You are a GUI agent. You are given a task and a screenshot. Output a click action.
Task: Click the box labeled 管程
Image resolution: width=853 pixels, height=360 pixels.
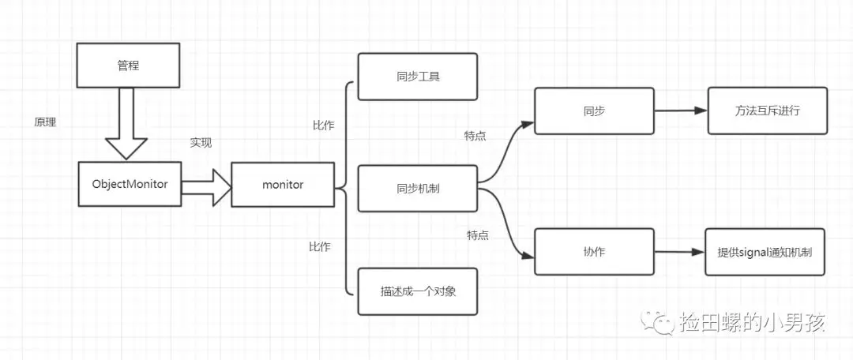coord(127,65)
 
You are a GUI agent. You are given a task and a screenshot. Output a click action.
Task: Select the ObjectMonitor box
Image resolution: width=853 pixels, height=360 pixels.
coord(130,184)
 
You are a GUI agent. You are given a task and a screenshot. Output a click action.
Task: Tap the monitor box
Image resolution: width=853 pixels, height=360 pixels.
coord(282,185)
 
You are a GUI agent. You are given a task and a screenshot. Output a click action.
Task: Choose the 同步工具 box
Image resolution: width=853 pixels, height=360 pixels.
coord(417,77)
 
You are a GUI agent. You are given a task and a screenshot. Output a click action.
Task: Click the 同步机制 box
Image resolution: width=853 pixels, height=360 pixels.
coord(417,189)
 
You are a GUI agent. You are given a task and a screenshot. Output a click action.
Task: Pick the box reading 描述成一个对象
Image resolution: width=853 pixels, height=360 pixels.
coord(417,291)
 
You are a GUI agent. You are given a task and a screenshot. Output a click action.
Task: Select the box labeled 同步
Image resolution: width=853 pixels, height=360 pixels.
coord(594,111)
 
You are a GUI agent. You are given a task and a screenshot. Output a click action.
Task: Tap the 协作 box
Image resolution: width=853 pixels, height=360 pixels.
coord(594,251)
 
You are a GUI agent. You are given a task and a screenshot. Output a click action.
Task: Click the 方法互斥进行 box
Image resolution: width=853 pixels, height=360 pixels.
coord(767,111)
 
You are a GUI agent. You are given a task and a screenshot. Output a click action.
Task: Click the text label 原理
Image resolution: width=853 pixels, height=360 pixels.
coord(45,123)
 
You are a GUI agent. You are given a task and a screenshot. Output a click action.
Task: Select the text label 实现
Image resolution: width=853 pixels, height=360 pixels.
coord(201,143)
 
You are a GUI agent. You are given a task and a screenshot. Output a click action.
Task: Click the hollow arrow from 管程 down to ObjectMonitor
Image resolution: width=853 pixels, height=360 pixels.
coord(126,122)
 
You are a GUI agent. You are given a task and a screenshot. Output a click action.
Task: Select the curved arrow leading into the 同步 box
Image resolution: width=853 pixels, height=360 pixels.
coord(505,150)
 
